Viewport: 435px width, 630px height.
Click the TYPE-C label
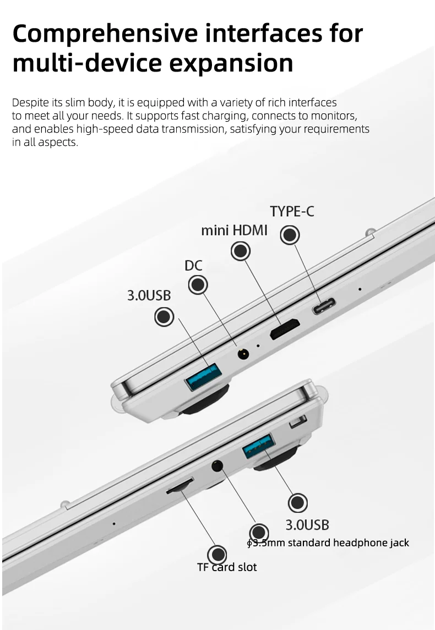pyautogui.click(x=292, y=211)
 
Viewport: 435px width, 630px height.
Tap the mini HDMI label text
pyautogui.click(x=234, y=230)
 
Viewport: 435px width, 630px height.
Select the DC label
pyautogui.click(x=193, y=266)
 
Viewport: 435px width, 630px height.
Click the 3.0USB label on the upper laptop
pyautogui.click(x=149, y=295)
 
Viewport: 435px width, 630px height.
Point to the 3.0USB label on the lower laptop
pyautogui.click(x=307, y=525)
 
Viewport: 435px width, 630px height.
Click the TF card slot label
pyautogui.click(x=227, y=567)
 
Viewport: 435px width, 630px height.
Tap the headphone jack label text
pyautogui.click(x=328, y=543)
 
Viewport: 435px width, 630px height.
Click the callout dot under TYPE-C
pyautogui.click(x=290, y=234)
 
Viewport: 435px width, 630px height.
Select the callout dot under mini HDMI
pyautogui.click(x=241, y=251)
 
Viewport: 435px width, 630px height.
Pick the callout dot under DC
pyautogui.click(x=198, y=285)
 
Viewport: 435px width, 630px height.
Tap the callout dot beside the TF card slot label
pyautogui.click(x=218, y=555)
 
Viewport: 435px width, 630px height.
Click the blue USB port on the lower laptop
pyautogui.click(x=259, y=446)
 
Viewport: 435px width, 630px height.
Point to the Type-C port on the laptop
pyautogui.click(x=324, y=306)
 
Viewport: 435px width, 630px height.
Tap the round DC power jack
pyautogui.click(x=243, y=354)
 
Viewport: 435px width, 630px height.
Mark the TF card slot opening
pyautogui.click(x=180, y=485)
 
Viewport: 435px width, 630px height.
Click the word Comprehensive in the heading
pyautogui.click(x=106, y=34)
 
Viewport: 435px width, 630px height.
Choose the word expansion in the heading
pyautogui.click(x=231, y=64)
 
